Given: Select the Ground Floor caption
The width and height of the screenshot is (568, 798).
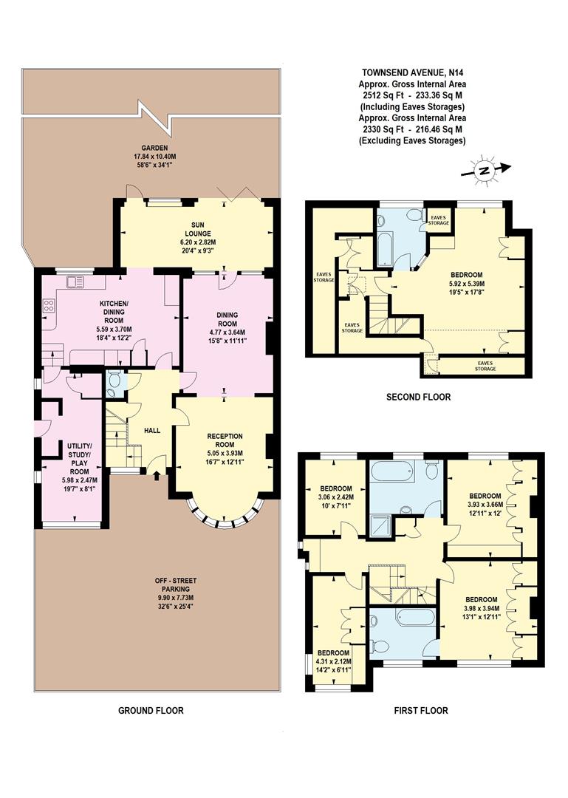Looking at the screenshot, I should [x=151, y=710].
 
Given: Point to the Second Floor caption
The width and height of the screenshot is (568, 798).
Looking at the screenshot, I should [x=418, y=398].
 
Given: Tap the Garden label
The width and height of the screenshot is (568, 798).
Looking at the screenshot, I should [x=151, y=147].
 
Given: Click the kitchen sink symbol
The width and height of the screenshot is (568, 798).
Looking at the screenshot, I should [x=74, y=282].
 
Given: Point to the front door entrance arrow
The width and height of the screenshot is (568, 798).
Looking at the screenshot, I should [x=157, y=477].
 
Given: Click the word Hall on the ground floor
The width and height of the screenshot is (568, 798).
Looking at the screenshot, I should [x=151, y=430].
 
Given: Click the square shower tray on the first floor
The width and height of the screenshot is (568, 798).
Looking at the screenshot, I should [x=382, y=530].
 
